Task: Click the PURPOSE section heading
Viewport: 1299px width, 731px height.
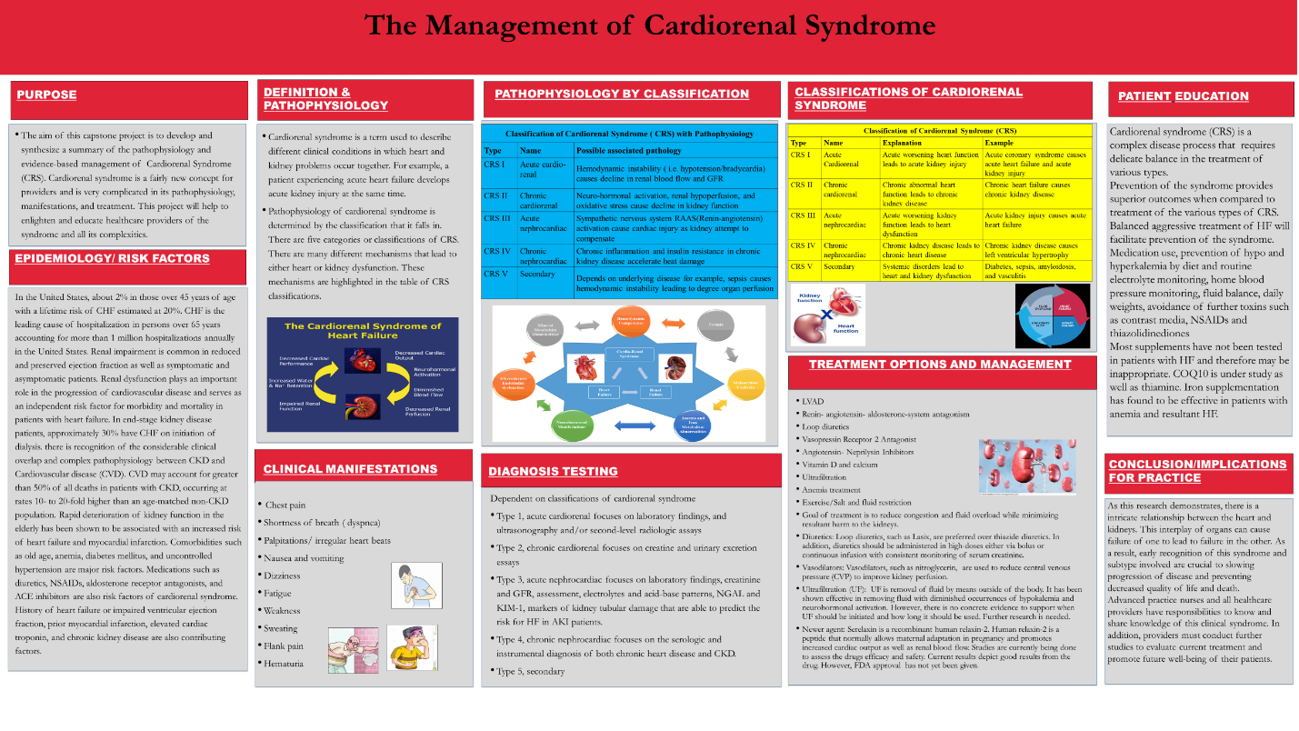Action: [x=47, y=95]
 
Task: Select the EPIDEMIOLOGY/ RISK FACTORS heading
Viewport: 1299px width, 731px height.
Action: [x=112, y=258]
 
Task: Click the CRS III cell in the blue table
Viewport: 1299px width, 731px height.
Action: [x=496, y=219]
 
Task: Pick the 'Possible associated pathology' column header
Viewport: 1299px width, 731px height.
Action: [x=628, y=150]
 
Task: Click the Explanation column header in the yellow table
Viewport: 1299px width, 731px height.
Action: [x=902, y=143]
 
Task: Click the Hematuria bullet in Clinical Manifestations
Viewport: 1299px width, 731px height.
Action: [x=285, y=664]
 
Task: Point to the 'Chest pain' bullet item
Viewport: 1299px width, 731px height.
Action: [x=285, y=505]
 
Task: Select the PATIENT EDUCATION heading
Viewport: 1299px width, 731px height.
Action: [x=1183, y=96]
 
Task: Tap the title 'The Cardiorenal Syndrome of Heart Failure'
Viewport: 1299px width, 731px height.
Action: [x=363, y=332]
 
